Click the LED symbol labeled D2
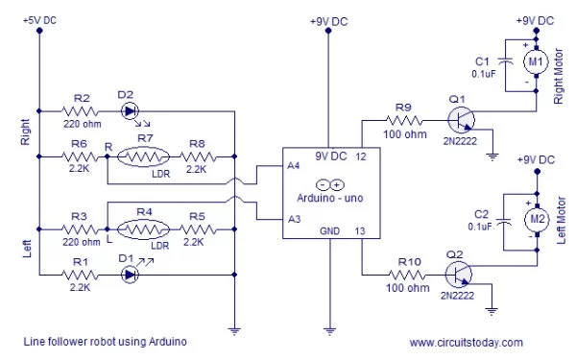131,110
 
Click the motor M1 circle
534,63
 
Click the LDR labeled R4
144,230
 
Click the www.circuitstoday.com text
466,342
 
